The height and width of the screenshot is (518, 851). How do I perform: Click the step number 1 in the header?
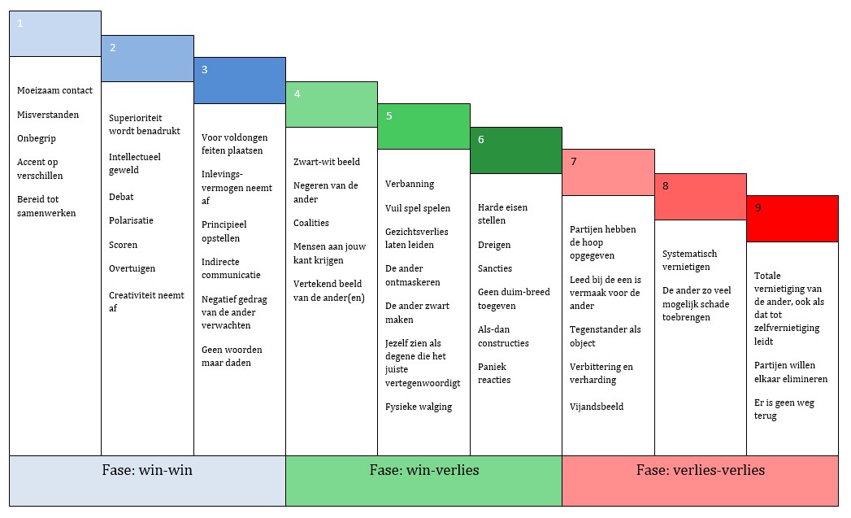click(x=20, y=24)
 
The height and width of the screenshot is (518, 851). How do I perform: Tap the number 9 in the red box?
click(x=758, y=208)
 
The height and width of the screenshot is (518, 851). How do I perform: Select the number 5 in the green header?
click(x=389, y=116)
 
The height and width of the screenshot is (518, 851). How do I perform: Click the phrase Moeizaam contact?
click(x=54, y=90)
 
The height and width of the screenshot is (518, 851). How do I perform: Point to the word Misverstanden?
click(x=48, y=115)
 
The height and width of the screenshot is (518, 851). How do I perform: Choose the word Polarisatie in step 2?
click(x=131, y=220)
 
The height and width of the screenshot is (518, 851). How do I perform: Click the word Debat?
click(x=121, y=197)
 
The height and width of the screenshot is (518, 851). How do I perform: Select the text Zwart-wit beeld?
click(x=327, y=162)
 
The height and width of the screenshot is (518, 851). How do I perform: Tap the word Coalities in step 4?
click(x=311, y=223)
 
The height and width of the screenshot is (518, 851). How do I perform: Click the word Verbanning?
click(x=410, y=184)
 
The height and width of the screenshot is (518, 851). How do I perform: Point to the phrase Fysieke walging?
click(x=419, y=407)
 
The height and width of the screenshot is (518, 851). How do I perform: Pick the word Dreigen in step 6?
click(x=494, y=245)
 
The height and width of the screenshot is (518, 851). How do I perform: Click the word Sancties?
click(x=495, y=268)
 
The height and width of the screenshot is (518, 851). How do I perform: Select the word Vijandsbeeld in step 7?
click(x=597, y=407)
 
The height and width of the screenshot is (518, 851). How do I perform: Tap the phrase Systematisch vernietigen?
click(x=690, y=260)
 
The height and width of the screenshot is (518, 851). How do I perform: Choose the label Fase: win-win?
click(x=147, y=470)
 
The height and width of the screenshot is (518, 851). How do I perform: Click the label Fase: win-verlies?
click(x=423, y=470)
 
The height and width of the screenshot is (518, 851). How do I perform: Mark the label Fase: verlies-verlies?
click(x=700, y=470)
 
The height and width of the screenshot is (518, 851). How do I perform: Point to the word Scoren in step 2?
click(x=123, y=245)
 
